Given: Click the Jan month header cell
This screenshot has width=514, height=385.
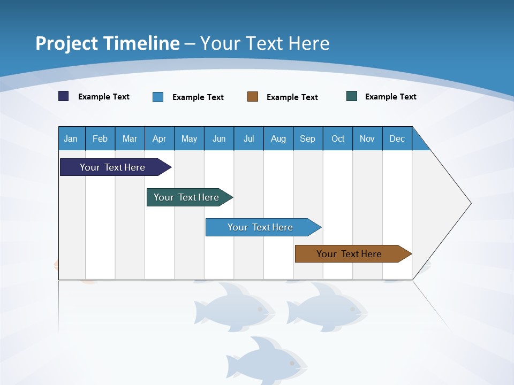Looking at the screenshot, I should [x=71, y=138].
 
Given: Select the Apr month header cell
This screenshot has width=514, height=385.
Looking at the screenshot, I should [x=160, y=138].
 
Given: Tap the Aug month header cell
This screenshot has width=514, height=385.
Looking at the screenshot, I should [x=278, y=138].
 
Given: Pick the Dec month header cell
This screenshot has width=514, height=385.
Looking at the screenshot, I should [x=397, y=138].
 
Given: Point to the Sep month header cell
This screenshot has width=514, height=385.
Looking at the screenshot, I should [x=308, y=138].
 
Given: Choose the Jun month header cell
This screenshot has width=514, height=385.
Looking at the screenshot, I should [x=219, y=138].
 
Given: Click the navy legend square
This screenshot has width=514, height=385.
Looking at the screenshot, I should [x=64, y=96].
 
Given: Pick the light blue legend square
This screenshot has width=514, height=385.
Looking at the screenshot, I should [x=158, y=97].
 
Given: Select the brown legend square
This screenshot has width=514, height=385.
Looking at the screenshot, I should [x=253, y=97].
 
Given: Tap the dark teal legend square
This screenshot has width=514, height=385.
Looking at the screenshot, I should [x=352, y=96].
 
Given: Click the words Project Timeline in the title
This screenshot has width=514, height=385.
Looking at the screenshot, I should [x=107, y=43].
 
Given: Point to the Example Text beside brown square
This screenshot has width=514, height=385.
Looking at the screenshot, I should [x=292, y=97].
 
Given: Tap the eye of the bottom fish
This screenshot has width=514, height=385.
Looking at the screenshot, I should [x=292, y=363].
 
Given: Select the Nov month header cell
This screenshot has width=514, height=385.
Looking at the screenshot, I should [x=367, y=138].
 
